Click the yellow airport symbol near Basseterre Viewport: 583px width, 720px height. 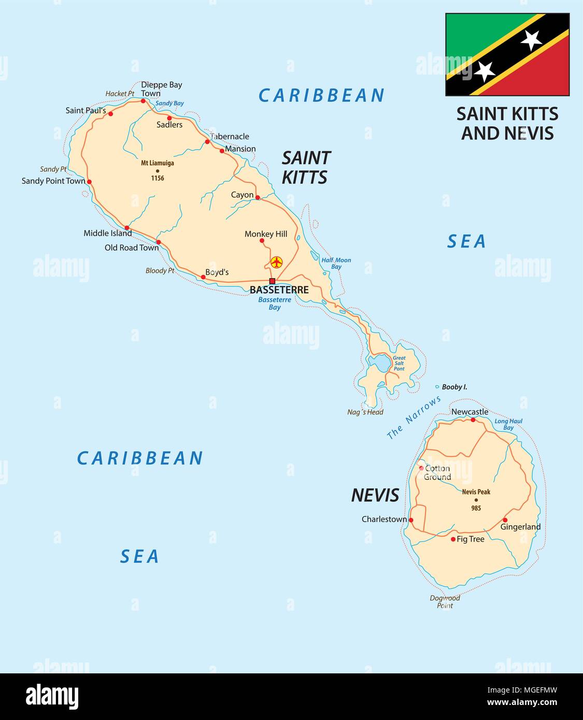click(x=277, y=262)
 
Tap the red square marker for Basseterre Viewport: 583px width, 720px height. click(x=272, y=281)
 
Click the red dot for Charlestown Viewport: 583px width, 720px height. click(x=411, y=520)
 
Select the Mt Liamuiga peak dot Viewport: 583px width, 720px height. click(x=157, y=171)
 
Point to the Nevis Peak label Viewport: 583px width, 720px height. click(x=476, y=492)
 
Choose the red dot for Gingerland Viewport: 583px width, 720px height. click(x=505, y=520)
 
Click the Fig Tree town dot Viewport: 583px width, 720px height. click(x=453, y=539)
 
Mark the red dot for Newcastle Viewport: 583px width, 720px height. click(x=473, y=420)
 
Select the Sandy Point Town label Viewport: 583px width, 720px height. click(x=53, y=181)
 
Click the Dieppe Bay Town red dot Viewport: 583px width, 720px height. click(x=144, y=101)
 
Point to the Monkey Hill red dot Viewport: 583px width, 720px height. click(x=262, y=240)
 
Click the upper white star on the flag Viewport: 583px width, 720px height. click(x=531, y=39)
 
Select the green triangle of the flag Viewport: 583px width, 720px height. click(x=477, y=31)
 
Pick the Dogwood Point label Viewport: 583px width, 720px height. click(x=445, y=601)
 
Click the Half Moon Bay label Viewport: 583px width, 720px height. click(x=336, y=263)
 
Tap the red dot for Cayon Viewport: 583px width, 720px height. click(x=258, y=197)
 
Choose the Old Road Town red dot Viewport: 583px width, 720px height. click(x=159, y=242)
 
